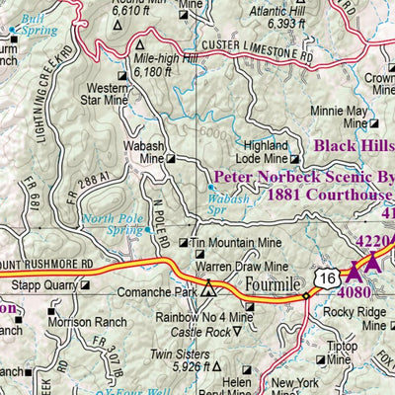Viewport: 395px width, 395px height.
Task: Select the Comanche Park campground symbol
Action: (x=208, y=291)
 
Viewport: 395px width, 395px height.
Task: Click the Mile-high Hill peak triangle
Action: (x=139, y=45)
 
